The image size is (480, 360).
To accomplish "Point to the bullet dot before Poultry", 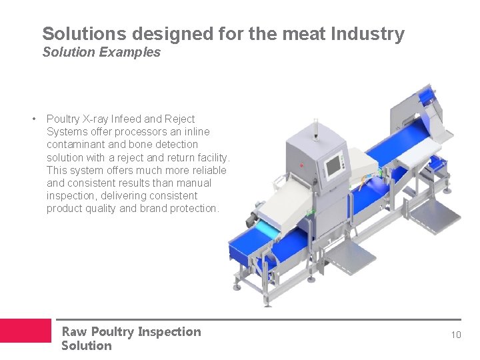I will click(33, 119).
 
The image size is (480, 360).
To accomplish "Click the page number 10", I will click(455, 335).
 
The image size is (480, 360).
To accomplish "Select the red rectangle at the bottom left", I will click(25, 331).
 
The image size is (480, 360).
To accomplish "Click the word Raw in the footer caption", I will click(74, 331).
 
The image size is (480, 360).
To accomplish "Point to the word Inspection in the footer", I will click(169, 331).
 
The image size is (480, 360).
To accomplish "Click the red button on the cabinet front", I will click(301, 165).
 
